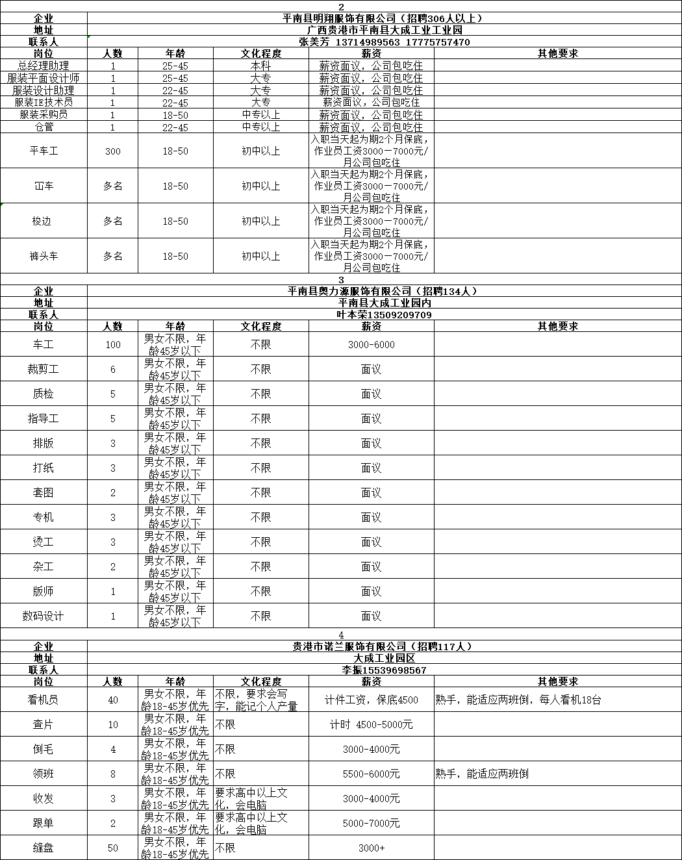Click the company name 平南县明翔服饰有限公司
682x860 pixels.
384,18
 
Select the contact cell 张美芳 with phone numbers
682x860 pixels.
384,42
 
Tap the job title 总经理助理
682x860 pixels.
44,66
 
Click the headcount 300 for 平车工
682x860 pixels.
112,151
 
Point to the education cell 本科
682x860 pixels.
260,66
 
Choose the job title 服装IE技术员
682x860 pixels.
44,102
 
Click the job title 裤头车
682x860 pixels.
44,256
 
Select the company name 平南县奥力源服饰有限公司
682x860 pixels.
384,291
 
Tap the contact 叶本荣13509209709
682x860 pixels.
384,314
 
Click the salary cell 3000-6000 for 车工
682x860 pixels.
371,344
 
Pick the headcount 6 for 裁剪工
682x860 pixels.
112,369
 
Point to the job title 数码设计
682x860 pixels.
44,616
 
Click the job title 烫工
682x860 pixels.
44,542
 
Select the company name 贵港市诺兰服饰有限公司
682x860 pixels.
384,646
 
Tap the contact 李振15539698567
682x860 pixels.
384,670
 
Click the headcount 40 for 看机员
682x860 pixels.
112,700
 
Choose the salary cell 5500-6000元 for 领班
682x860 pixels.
371,774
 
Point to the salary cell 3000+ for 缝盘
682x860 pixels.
371,848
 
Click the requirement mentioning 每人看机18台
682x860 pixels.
518,700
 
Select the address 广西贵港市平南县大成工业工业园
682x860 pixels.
384,30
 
